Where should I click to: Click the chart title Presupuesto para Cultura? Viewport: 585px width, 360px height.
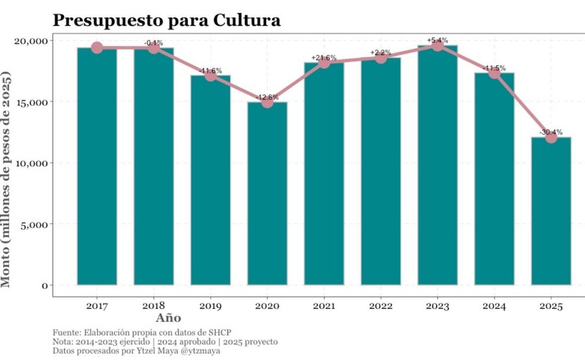[x=167, y=20]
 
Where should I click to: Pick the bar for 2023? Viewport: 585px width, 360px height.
[x=438, y=165]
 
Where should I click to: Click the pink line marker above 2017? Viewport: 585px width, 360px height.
[x=97, y=48]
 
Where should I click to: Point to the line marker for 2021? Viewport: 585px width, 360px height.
[x=324, y=62]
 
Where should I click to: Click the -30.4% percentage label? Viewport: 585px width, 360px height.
[x=551, y=132]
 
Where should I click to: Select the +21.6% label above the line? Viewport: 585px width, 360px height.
[x=324, y=57]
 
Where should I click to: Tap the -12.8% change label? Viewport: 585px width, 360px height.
[x=267, y=97]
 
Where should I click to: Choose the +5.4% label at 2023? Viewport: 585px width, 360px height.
[x=438, y=40]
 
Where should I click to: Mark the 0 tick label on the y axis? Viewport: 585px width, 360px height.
[x=44, y=285]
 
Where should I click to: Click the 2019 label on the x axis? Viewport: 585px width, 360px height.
[x=210, y=306]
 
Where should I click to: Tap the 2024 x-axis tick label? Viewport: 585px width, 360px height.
[x=494, y=306]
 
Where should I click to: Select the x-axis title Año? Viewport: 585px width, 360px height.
[x=168, y=318]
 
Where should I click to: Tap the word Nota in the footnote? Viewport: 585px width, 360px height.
[x=62, y=342]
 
